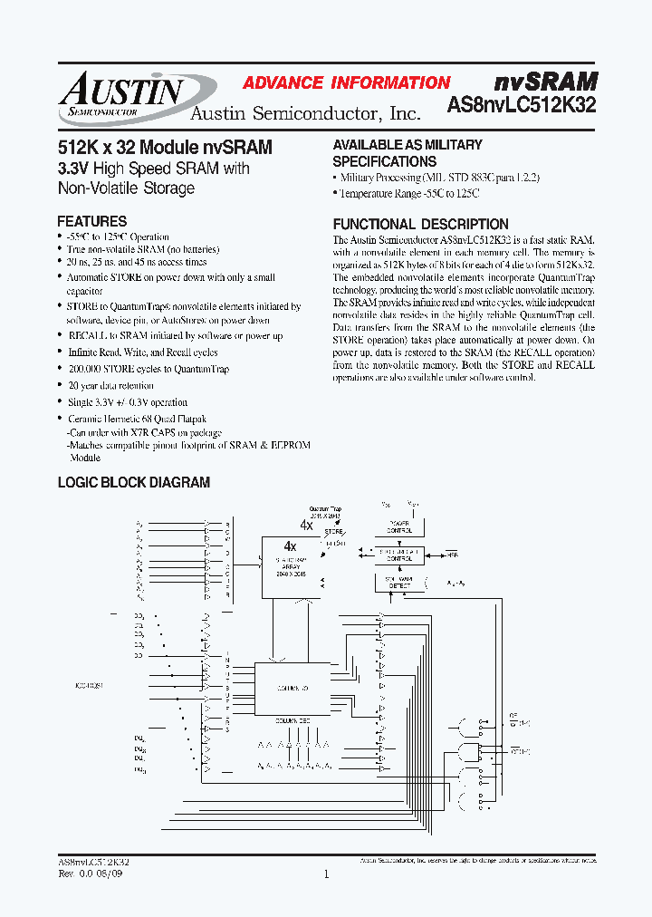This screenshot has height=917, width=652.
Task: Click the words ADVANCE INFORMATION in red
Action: point(346,82)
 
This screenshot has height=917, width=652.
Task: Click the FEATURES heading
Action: point(91,221)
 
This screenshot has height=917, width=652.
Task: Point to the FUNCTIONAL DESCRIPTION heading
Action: point(420,224)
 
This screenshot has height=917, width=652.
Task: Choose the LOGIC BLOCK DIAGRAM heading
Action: point(133,483)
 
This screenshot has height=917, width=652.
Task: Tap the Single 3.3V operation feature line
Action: point(128,401)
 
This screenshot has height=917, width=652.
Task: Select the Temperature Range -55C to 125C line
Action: point(408,194)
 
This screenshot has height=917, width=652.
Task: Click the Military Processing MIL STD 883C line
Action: point(438,178)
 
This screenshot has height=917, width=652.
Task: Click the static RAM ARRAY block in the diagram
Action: point(290,567)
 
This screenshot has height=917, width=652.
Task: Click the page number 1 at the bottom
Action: point(326,874)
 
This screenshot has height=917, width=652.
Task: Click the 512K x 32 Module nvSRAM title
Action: point(164,147)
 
